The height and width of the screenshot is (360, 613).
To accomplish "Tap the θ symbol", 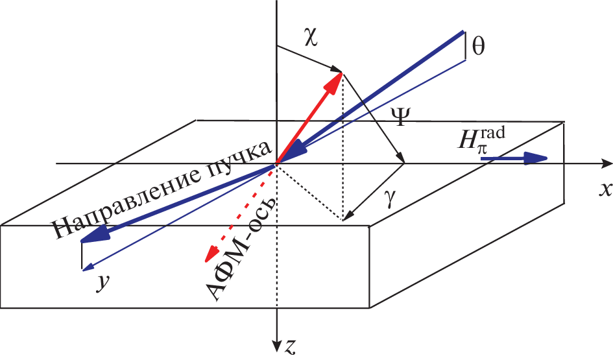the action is coord(478,47).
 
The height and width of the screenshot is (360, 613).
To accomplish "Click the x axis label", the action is coord(605,189).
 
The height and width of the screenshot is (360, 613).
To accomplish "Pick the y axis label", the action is coord(102,282).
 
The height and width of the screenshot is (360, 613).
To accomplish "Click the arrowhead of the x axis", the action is coord(607,163).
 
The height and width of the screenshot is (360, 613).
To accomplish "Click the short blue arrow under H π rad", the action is coord(513,158).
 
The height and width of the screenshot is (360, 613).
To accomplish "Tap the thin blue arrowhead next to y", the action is coord(87,267).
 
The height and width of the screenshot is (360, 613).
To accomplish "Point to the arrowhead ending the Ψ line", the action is coord(401,158).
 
